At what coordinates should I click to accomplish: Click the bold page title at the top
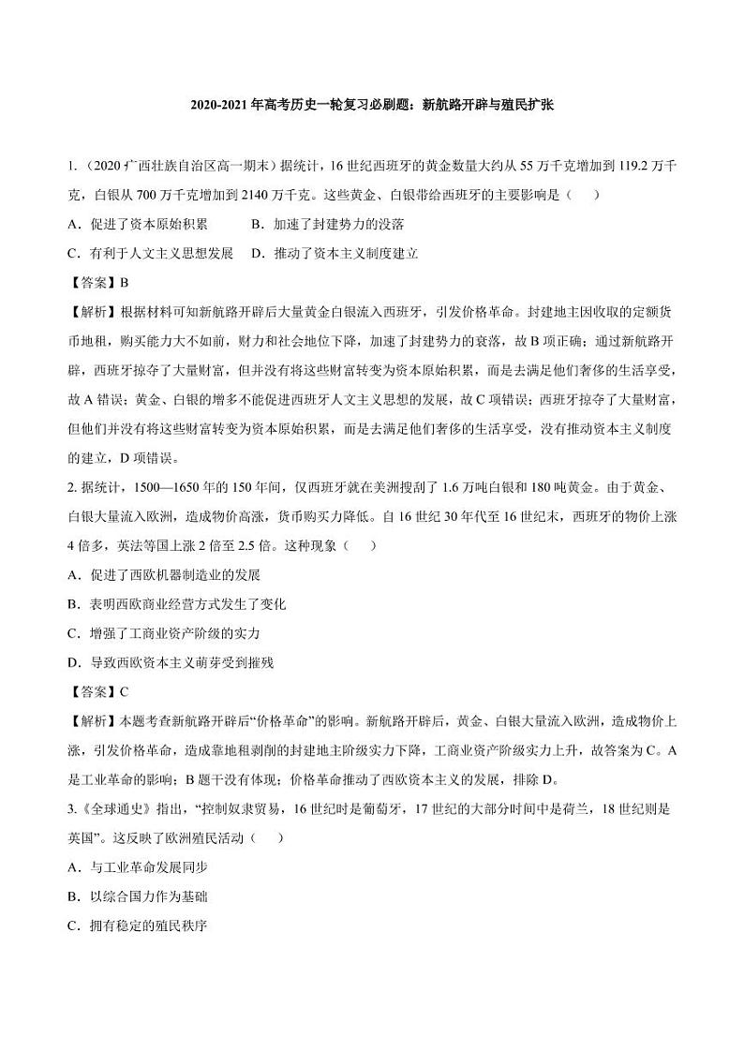[372, 105]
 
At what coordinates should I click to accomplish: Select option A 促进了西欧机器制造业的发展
[164, 574]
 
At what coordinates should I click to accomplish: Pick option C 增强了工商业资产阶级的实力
[164, 633]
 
